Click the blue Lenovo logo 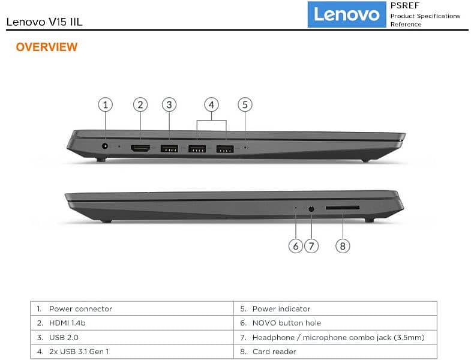[x=347, y=14]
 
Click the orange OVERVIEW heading [x=47, y=47]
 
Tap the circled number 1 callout [x=105, y=104]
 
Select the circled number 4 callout [x=211, y=104]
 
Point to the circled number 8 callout [x=343, y=246]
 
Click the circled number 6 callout [x=296, y=246]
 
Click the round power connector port [x=105, y=146]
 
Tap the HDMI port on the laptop [x=140, y=148]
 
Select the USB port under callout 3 [x=169, y=148]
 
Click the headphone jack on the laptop [x=311, y=209]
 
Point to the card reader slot [x=343, y=208]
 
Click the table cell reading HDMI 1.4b [x=132, y=323]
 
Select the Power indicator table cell [x=335, y=308]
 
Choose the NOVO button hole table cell [x=335, y=323]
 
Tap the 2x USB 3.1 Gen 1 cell [x=132, y=352]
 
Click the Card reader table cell [x=335, y=352]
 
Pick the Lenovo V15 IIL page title [x=44, y=22]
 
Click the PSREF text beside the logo [x=404, y=5]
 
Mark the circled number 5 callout [x=245, y=104]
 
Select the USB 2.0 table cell [x=132, y=337]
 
